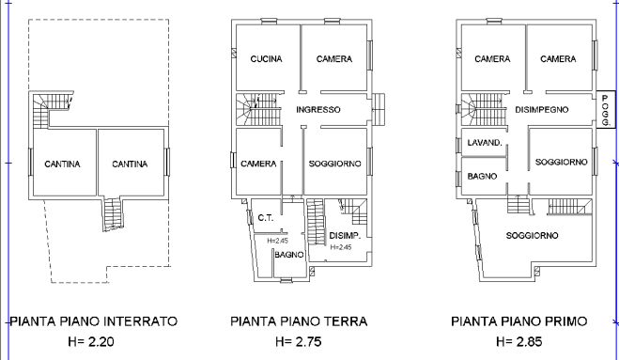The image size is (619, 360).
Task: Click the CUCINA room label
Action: [266, 59]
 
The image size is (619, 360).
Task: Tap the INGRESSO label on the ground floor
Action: [317, 110]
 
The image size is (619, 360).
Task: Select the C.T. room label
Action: [265, 218]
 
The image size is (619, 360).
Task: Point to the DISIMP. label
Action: [346, 235]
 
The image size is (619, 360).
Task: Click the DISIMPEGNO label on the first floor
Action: [542, 110]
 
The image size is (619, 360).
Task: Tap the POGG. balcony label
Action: [606, 110]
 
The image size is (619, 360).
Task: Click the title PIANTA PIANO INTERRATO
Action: [93, 321]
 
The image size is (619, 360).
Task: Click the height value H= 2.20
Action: [93, 341]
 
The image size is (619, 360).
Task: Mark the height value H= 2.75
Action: [299, 341]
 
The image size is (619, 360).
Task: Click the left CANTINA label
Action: [62, 164]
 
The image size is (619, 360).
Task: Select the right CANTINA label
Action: [130, 164]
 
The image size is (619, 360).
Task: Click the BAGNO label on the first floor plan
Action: [481, 176]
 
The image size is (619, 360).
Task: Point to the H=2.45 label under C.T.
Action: [278, 241]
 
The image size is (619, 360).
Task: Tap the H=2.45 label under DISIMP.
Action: [342, 247]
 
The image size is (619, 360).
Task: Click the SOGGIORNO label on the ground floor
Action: [334, 164]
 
